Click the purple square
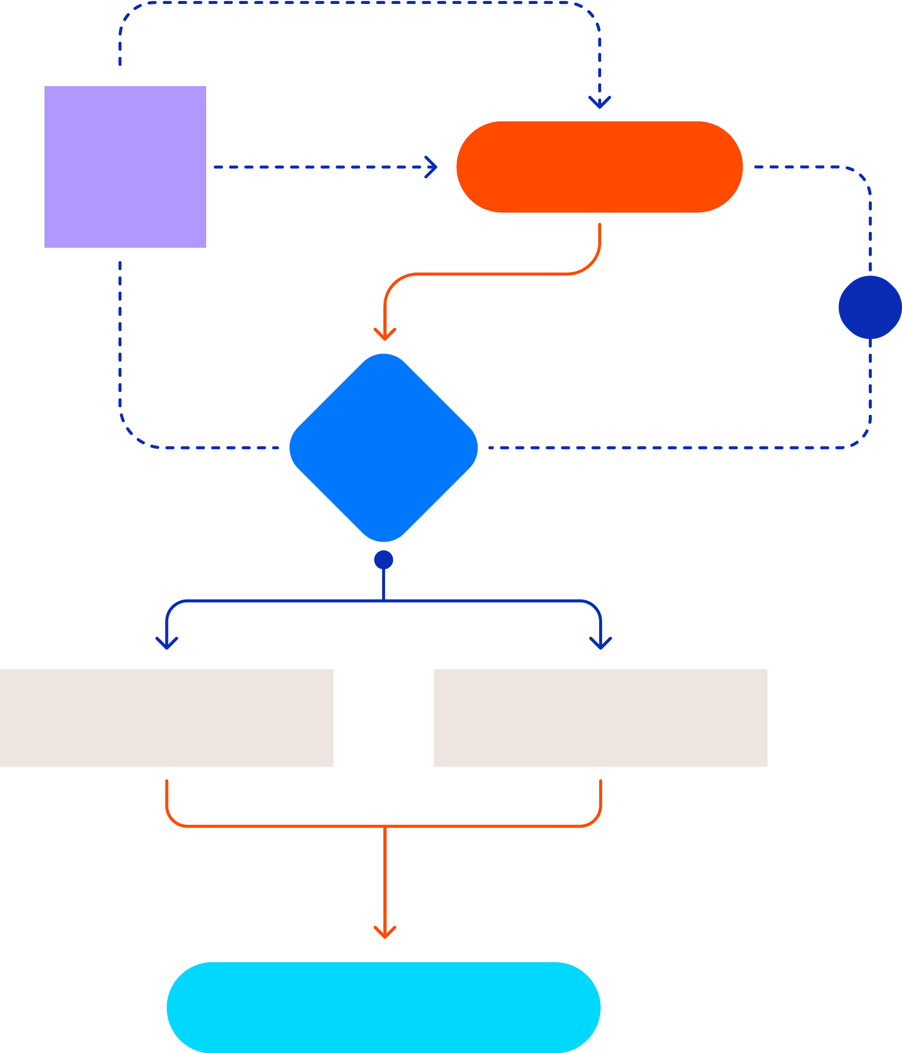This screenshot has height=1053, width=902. [x=125, y=166]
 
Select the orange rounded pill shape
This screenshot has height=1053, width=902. [x=599, y=166]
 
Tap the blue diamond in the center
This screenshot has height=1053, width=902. [x=384, y=448]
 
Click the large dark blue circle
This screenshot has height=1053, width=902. [x=870, y=307]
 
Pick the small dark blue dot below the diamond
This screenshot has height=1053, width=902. [x=384, y=560]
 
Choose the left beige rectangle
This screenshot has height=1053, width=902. [x=166, y=718]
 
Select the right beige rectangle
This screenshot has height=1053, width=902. [x=600, y=718]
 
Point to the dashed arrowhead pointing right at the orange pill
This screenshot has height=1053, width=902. [x=432, y=166]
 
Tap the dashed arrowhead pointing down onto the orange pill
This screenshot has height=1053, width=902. [x=600, y=103]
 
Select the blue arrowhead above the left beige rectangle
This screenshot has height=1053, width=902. [x=167, y=643]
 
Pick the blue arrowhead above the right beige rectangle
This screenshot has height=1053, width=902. [x=601, y=643]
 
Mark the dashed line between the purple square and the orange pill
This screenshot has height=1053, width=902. [x=320, y=166]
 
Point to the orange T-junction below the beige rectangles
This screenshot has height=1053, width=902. [x=385, y=827]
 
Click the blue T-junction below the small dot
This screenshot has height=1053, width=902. [x=384, y=601]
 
